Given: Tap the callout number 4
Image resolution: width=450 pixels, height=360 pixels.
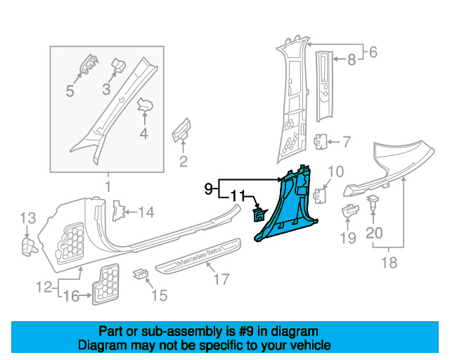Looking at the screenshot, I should click(143, 134).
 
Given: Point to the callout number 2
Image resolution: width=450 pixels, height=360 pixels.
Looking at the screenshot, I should click(184, 163).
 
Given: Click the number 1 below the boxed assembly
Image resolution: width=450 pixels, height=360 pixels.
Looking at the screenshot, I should click(108, 186).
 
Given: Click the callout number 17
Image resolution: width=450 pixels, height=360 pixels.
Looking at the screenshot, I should click(221, 281).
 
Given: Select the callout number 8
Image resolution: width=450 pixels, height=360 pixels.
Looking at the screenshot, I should click(352, 60).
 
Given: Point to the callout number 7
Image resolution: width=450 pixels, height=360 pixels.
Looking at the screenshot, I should click(345, 142).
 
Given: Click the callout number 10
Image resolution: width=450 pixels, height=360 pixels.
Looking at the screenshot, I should click(336, 172).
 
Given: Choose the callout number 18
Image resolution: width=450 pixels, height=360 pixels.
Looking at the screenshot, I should click(388, 263).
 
